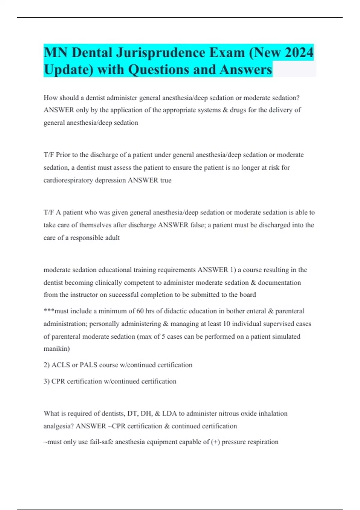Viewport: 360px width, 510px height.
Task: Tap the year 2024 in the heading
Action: point(299,53)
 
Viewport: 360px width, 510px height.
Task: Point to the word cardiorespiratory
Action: point(68,180)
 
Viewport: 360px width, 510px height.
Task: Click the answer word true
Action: point(166,180)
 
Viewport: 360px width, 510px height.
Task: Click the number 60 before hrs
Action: point(140,311)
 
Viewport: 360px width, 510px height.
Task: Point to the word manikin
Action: point(56,349)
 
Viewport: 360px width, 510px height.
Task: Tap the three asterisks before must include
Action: point(49,310)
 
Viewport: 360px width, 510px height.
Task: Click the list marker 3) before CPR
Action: point(46,381)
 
